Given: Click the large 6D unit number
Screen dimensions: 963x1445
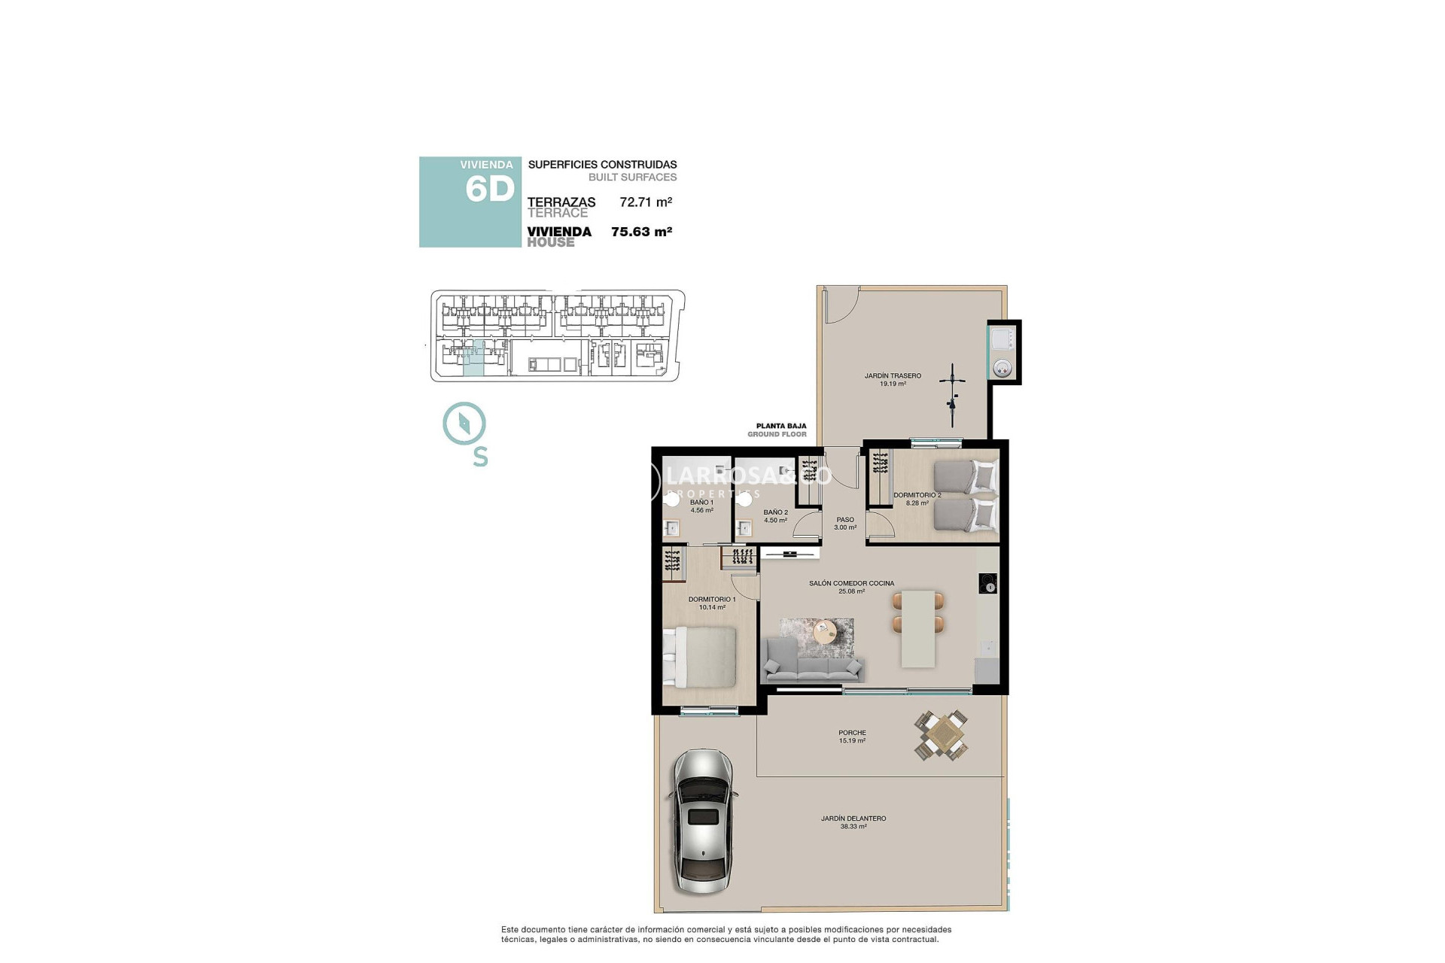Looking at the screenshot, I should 489,189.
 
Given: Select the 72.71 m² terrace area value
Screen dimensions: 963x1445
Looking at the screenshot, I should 645,202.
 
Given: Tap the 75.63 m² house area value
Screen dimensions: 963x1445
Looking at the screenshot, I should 641,232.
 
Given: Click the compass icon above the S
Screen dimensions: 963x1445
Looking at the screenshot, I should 464,423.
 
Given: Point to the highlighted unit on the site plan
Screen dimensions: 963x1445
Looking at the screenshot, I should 473,358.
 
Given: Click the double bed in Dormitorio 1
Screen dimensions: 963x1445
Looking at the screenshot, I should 700,657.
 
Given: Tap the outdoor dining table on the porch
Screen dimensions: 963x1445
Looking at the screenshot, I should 941,735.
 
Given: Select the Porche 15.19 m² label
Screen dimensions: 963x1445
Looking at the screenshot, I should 852,736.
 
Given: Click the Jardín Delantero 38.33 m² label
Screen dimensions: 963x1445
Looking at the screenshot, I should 853,822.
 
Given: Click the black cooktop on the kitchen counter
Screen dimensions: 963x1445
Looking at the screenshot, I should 987,583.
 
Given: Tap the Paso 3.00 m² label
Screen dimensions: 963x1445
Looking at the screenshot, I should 845,523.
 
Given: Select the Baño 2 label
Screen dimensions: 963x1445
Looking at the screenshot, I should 775,515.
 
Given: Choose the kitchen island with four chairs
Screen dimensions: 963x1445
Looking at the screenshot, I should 918,628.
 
